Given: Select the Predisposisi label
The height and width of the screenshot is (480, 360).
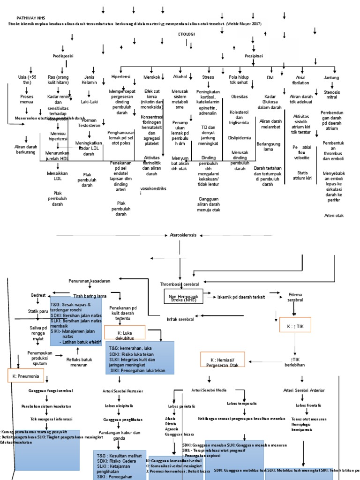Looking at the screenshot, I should pyautogui.click(x=63, y=56).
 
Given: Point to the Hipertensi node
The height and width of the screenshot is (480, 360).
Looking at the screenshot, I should pyautogui.click(x=121, y=76).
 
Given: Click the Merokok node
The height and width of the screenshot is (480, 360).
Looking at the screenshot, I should pyautogui.click(x=151, y=77).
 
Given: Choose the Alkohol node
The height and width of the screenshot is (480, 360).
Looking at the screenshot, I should pyautogui.click(x=180, y=76).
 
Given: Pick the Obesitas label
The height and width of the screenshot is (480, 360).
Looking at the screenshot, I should pyautogui.click(x=240, y=97).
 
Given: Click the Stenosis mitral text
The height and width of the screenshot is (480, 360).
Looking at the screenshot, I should pyautogui.click(x=331, y=94).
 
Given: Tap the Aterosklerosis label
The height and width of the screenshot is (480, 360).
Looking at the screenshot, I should pyautogui.click(x=183, y=235).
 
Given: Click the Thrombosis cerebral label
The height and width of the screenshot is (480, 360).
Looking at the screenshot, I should pyautogui.click(x=180, y=284).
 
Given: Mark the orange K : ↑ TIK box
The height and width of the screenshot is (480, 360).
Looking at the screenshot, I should pyautogui.click(x=292, y=325).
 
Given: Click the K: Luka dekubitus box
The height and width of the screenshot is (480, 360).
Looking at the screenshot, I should pyautogui.click(x=125, y=333).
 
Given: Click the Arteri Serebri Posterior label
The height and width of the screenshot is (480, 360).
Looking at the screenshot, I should pyautogui.click(x=123, y=390).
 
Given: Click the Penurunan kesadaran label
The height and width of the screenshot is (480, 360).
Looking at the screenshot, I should pyautogui.click(x=90, y=280).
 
